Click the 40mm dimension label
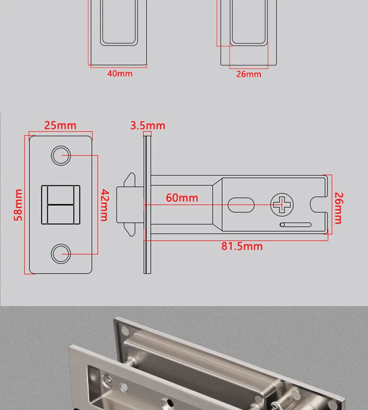click(120, 74)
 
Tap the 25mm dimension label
click(60, 125)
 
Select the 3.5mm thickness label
click(148, 125)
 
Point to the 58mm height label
click(18, 205)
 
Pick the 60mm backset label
click(182, 198)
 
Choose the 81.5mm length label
click(242, 246)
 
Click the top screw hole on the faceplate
click(61, 156)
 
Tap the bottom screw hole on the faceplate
click(61, 254)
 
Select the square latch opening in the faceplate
click(61, 205)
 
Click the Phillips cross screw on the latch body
click(282, 205)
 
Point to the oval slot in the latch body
click(241, 204)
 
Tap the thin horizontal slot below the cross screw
click(295, 225)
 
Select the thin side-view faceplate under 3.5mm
click(148, 205)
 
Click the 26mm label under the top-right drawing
click(249, 74)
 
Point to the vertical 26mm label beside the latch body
click(339, 208)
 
